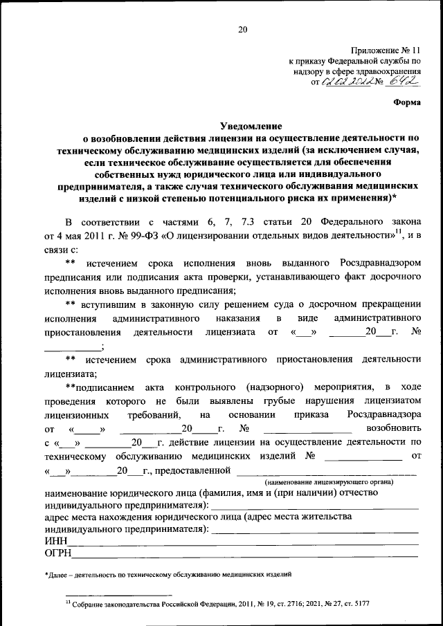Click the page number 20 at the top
click(242, 29)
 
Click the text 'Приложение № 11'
click(386, 50)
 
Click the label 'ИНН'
click(55, 540)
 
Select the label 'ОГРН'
click(58, 553)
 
